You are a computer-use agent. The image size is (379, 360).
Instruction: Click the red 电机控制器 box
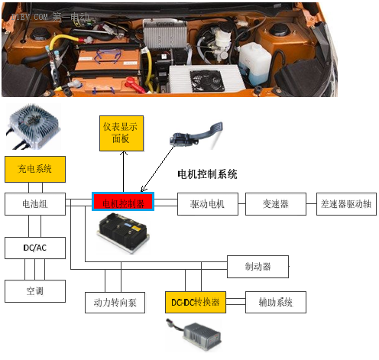coord(123,203)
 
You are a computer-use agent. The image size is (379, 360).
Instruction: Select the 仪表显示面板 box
coord(121,135)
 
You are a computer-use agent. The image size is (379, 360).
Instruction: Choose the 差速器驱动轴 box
coord(345,203)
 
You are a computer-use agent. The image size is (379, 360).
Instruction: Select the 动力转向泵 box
coord(115,302)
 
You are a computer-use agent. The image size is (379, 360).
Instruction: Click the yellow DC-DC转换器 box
coord(196,302)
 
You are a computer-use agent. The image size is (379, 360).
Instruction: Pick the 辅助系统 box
coord(275,302)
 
